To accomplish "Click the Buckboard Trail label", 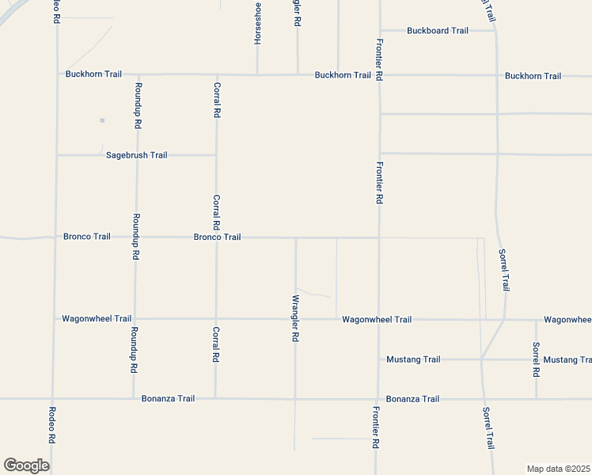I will click(438, 31).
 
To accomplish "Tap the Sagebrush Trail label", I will click(137, 155).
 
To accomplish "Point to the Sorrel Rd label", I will click(536, 359).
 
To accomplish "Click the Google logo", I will click(26, 465).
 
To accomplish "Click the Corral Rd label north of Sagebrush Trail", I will click(216, 100).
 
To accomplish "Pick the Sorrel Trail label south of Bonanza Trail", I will click(488, 429).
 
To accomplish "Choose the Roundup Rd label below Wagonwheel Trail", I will click(135, 350).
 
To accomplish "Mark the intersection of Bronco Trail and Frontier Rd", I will click(379, 237).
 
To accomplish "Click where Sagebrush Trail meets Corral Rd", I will click(216, 155).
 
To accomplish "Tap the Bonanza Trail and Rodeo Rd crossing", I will click(52, 399).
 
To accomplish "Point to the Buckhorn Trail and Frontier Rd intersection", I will click(380, 75).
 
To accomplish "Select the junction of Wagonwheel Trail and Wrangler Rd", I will click(295, 319).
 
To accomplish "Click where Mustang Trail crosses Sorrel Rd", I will click(536, 359).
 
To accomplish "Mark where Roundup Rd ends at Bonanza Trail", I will click(134, 399).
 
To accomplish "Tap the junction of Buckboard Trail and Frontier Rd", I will click(380, 31).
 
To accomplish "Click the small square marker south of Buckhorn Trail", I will click(102, 120).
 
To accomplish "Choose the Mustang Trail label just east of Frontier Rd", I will click(413, 359).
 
